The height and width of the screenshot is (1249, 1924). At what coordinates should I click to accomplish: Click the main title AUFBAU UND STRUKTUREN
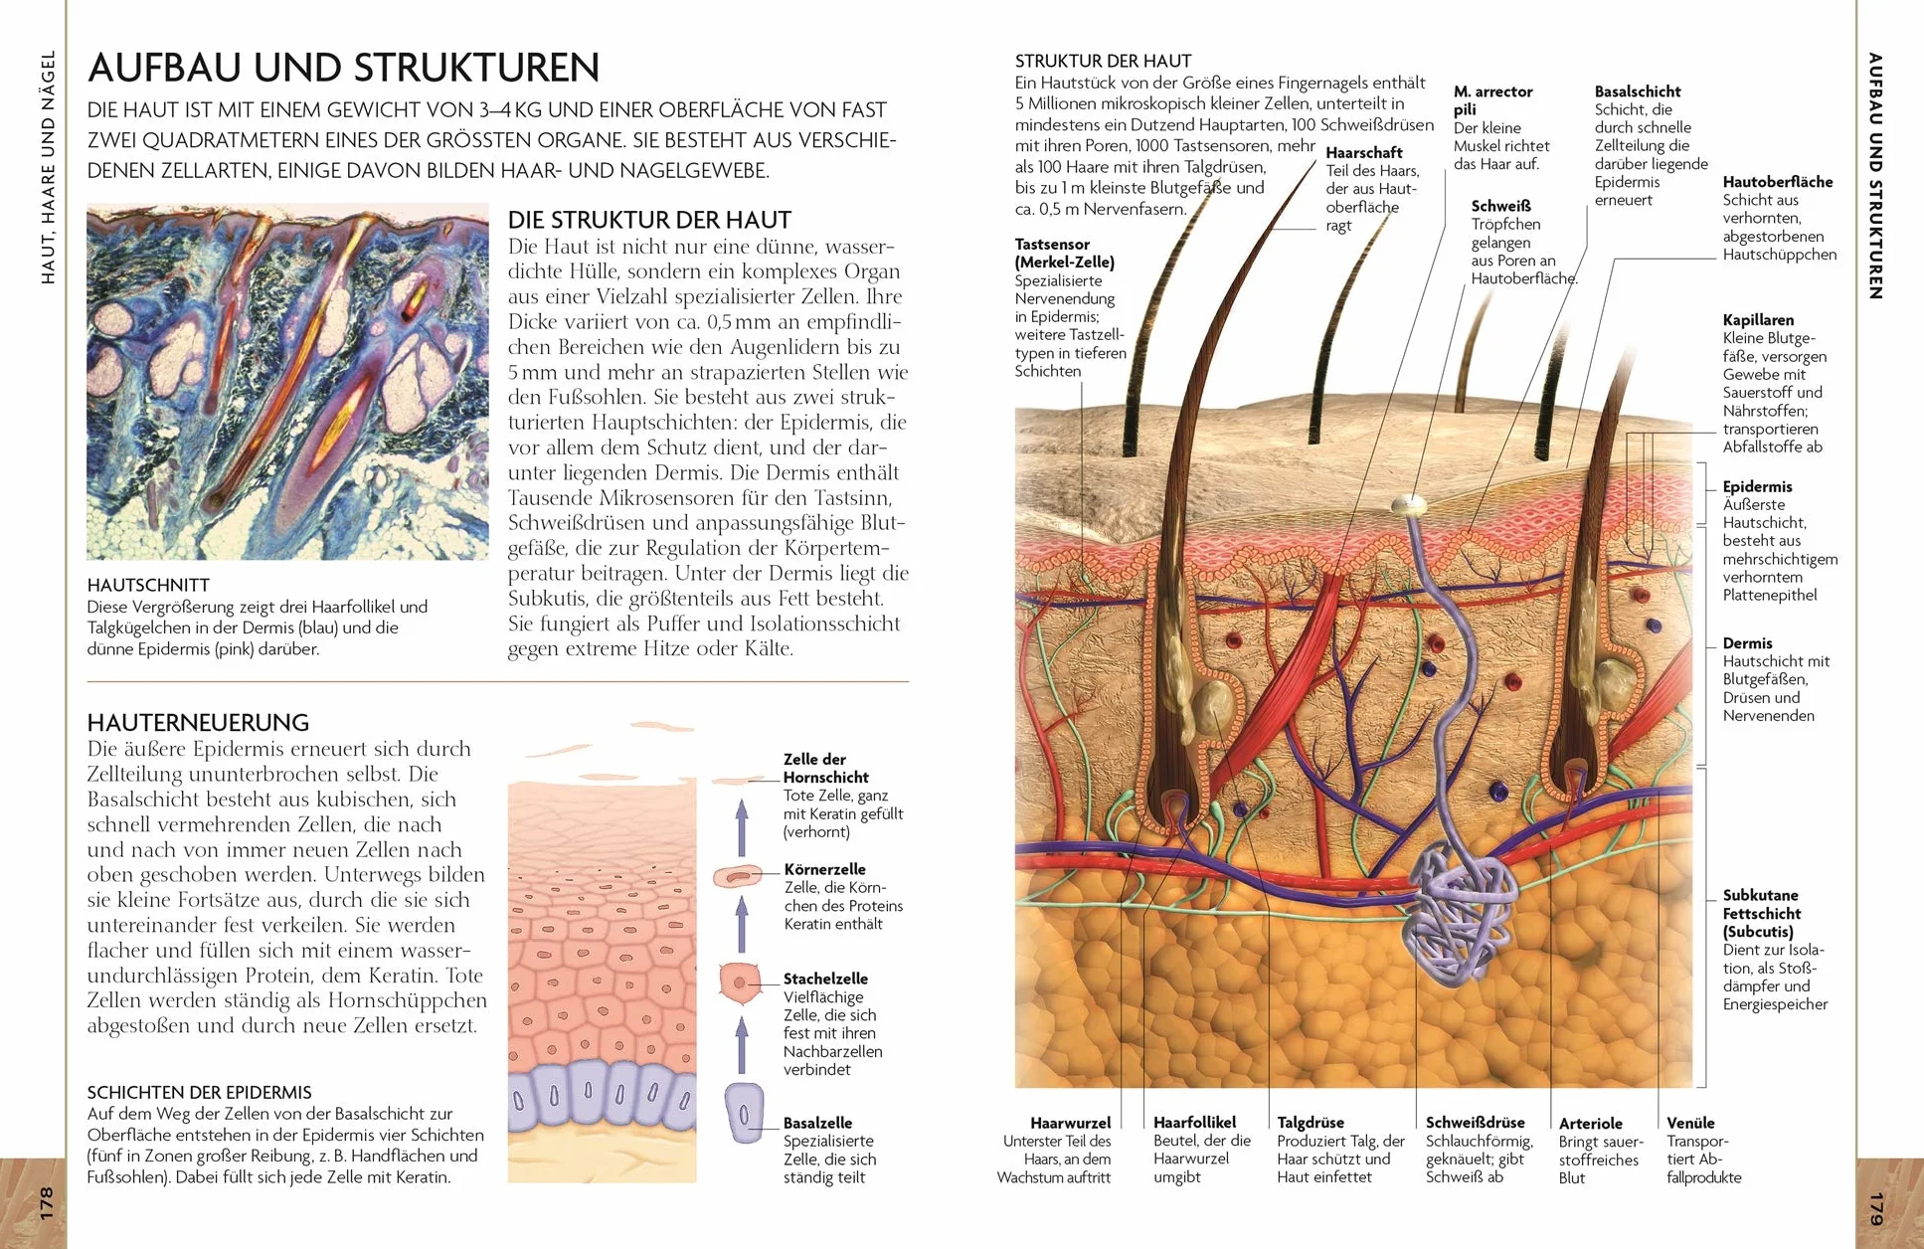point(343,68)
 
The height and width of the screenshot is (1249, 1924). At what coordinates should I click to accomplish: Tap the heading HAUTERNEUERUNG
point(198,722)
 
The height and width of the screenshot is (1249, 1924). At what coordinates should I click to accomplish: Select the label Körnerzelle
point(824,869)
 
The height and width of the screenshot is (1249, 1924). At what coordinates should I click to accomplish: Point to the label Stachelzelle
point(825,979)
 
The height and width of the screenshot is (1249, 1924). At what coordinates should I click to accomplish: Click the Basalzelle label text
point(817,1123)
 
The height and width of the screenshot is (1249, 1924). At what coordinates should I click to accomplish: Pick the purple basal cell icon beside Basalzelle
point(744,1112)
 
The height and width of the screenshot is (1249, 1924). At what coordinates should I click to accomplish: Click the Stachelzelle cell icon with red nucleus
point(739,982)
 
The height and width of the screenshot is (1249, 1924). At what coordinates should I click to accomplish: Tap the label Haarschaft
point(1364,152)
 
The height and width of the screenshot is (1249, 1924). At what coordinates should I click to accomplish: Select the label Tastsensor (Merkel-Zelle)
point(1064,253)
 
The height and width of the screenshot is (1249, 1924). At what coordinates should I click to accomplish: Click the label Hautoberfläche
point(1778,182)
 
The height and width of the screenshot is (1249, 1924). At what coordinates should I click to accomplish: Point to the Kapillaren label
point(1759,320)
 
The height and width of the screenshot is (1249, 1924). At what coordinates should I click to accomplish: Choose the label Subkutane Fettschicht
point(1762,913)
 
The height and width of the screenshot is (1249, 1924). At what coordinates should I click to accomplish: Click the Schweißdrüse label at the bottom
point(1476,1123)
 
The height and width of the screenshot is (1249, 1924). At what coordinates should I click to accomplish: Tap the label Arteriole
point(1591,1124)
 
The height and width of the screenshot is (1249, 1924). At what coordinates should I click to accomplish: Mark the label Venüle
point(1690,1123)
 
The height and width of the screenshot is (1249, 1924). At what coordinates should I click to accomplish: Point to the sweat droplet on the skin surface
point(1409,506)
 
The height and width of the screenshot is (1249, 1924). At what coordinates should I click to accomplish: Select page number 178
point(46,1203)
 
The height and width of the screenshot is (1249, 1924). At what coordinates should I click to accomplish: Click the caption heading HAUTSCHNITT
point(148,585)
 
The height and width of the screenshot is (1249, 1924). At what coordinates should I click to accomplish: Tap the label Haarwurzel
point(1070,1123)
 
